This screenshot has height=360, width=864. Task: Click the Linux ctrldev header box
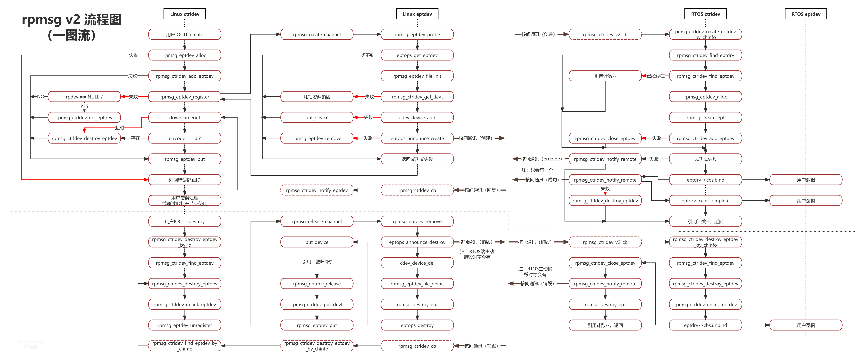pyautogui.click(x=184, y=14)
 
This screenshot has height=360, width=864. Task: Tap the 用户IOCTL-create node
pyautogui.click(x=184, y=34)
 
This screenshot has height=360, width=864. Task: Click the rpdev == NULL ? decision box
pyautogui.click(x=84, y=97)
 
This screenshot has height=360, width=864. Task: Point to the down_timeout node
pyautogui.click(x=184, y=117)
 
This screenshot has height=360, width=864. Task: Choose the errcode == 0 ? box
pyautogui.click(x=184, y=138)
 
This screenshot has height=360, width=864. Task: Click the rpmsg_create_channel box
pyautogui.click(x=317, y=34)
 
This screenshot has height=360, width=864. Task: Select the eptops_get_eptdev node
pyautogui.click(x=417, y=55)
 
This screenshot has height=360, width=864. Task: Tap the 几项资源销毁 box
pyautogui.click(x=317, y=97)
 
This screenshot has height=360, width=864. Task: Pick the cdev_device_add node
pyautogui.click(x=417, y=117)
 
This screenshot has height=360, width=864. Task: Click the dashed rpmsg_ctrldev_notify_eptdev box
pyautogui.click(x=317, y=190)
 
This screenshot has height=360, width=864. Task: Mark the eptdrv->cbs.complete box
pyautogui.click(x=705, y=201)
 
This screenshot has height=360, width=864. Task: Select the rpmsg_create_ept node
pyautogui.click(x=705, y=117)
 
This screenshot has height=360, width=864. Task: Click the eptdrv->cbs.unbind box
pyautogui.click(x=705, y=325)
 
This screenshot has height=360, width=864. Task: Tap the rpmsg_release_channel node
pyautogui.click(x=317, y=221)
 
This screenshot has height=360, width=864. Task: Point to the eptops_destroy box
pyautogui.click(x=417, y=325)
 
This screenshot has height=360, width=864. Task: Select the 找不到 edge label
pyautogui.click(x=367, y=55)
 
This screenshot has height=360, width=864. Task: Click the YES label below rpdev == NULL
pyautogui.click(x=84, y=106)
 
